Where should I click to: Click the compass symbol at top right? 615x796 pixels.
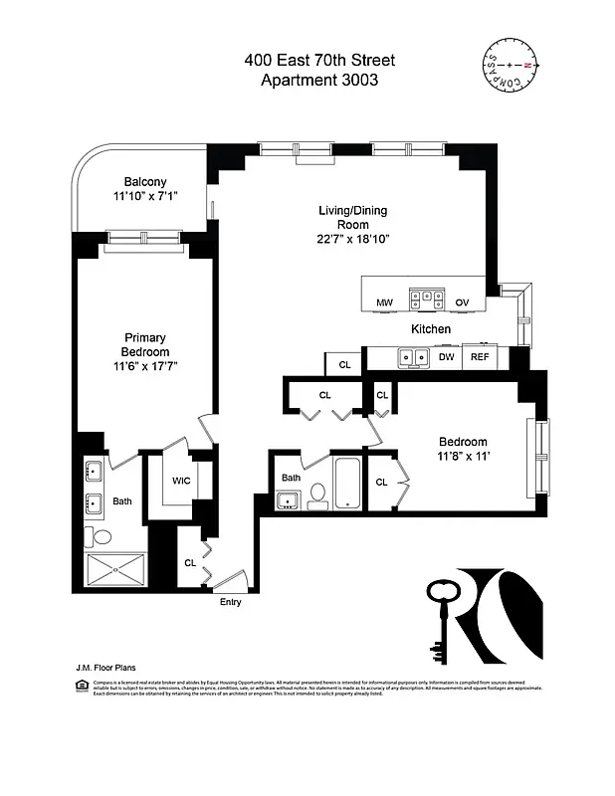click(509, 64)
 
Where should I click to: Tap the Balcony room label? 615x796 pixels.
click(145, 181)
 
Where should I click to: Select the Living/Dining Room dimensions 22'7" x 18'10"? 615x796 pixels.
click(352, 239)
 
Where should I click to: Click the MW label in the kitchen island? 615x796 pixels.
click(383, 301)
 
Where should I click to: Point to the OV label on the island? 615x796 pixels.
click(462, 301)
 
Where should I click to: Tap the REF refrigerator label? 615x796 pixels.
click(480, 357)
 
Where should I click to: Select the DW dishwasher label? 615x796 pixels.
click(447, 357)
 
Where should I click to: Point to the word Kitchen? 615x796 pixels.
click(431, 328)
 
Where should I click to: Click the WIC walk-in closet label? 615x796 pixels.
click(181, 481)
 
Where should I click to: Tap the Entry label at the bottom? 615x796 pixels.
click(230, 602)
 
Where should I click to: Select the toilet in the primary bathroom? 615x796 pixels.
click(102, 536)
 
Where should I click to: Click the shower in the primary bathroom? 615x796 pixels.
click(115, 570)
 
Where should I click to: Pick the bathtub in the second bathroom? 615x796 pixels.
click(348, 483)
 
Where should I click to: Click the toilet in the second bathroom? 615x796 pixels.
click(317, 495)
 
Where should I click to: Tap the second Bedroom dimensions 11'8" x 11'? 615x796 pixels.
click(463, 457)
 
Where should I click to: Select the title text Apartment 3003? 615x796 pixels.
click(318, 82)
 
